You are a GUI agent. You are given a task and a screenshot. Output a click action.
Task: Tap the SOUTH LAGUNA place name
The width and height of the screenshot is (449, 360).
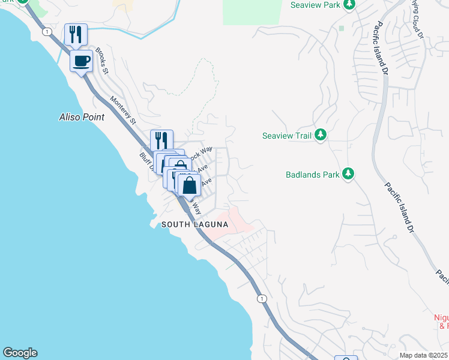(x=195, y=224)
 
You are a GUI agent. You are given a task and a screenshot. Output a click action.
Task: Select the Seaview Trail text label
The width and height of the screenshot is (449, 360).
(x=287, y=136)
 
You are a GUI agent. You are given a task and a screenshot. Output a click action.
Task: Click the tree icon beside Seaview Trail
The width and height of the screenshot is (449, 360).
(x=321, y=136)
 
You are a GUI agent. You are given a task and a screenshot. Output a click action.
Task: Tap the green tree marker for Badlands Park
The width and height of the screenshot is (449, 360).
(x=348, y=175)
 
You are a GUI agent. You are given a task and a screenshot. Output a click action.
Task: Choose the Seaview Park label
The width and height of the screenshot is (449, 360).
(x=316, y=5)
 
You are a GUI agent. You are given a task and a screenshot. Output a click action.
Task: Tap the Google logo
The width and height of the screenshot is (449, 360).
(x=20, y=353)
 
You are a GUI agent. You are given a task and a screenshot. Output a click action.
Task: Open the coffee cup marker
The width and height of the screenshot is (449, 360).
(x=82, y=61)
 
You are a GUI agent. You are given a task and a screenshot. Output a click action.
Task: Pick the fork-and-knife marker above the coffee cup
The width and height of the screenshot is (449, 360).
(x=76, y=34)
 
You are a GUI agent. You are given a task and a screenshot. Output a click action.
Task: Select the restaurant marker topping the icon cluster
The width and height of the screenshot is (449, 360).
(x=161, y=140)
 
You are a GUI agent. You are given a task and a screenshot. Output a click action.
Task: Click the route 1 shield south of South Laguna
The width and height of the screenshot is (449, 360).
(x=262, y=298)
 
